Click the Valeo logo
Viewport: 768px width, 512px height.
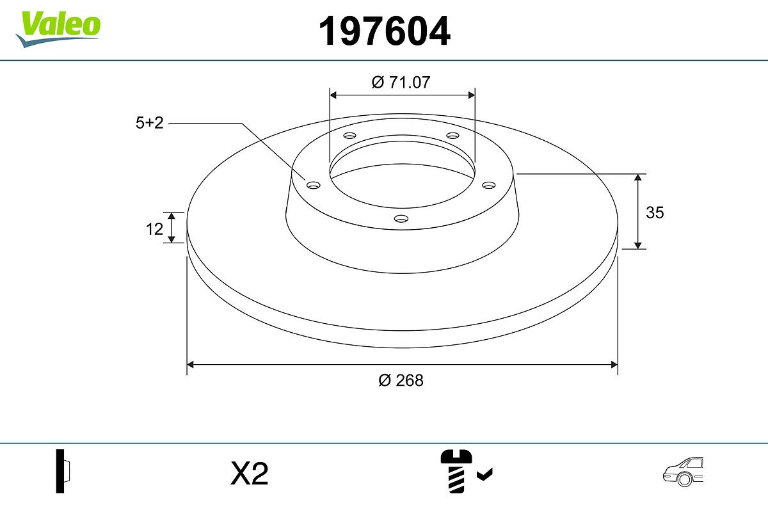58,29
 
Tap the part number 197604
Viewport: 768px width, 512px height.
385,31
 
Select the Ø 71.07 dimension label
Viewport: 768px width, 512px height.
401,83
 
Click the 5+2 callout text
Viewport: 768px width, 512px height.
150,123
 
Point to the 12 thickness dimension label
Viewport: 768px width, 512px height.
154,229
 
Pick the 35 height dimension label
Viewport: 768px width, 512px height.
655,212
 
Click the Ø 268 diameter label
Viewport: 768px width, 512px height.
401,381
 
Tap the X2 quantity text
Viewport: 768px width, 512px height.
249,473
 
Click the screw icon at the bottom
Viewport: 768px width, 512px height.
456,471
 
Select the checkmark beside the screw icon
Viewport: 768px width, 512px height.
485,474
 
